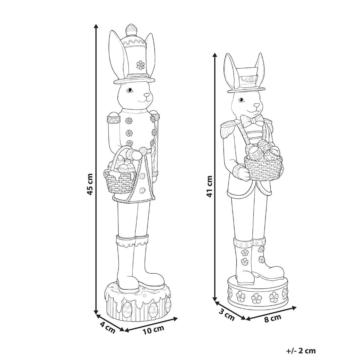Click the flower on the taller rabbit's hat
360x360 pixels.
tap(140, 65)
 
